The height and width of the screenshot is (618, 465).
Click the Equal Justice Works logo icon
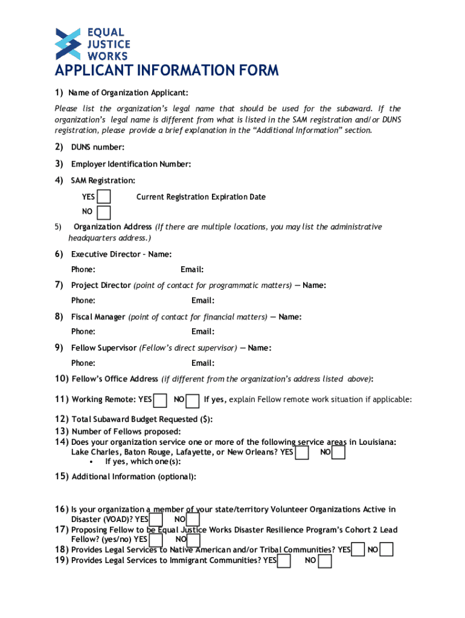point(68,43)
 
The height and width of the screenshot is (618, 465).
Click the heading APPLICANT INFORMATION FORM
point(167,71)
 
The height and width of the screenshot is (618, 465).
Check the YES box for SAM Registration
point(104,197)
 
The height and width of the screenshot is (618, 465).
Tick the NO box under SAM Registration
point(104,212)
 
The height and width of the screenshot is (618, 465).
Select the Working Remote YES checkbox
point(160,400)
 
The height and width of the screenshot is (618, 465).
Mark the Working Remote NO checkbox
point(193,400)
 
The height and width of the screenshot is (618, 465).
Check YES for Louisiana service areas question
point(302,452)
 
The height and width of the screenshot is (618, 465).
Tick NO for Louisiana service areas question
point(339,452)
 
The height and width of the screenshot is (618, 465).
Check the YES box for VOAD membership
point(156,520)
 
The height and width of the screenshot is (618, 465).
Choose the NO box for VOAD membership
point(193,520)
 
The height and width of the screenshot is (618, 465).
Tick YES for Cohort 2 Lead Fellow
point(156,540)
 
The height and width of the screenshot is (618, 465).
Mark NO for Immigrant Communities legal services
point(324,561)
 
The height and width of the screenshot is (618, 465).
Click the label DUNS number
point(97,147)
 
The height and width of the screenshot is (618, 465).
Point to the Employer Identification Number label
point(131,164)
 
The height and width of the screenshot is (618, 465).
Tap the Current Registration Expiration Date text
point(200,197)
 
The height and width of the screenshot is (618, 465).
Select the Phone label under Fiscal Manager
point(83,331)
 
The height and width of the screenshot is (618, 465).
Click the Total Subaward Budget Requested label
point(142,419)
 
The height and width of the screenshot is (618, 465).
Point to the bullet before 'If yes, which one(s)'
point(90,462)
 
